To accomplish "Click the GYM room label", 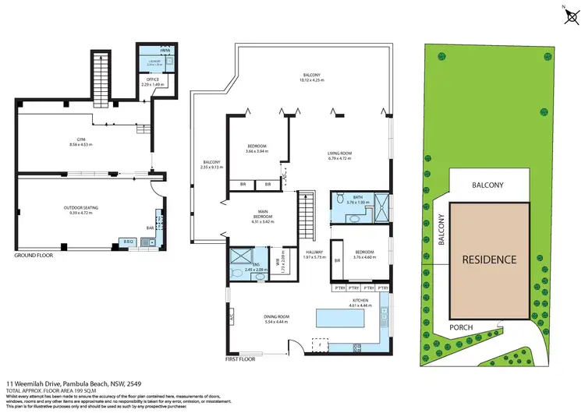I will pos(80,140).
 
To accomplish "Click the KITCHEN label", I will pos(359,300).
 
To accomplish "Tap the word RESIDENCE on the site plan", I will pos(488,259).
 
